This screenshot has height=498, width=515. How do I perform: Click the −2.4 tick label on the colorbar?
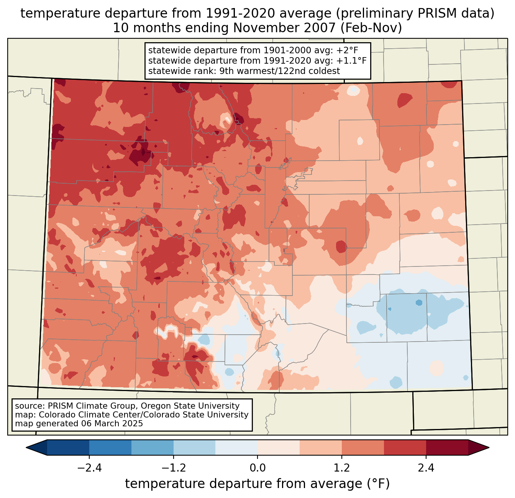pyautogui.click(x=89, y=468)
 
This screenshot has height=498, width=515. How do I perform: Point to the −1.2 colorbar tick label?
pyautogui.click(x=173, y=468)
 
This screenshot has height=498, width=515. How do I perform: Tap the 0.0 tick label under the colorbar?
pyautogui.click(x=257, y=468)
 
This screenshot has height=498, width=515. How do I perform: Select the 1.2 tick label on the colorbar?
pyautogui.click(x=342, y=468)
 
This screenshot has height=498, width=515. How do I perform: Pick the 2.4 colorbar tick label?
pyautogui.click(x=426, y=468)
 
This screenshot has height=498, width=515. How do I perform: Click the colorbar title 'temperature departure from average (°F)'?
pyautogui.click(x=257, y=484)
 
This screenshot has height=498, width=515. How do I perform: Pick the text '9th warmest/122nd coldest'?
pyautogui.click(x=279, y=71)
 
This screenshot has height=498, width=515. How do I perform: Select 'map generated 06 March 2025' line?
pyautogui.click(x=79, y=424)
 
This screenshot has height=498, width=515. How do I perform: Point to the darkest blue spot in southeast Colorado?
pyautogui.click(x=419, y=302)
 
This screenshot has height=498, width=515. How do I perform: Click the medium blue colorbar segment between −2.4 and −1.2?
pyautogui.click(x=110, y=447)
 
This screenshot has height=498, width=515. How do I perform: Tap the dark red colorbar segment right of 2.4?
pyautogui.click(x=447, y=447)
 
